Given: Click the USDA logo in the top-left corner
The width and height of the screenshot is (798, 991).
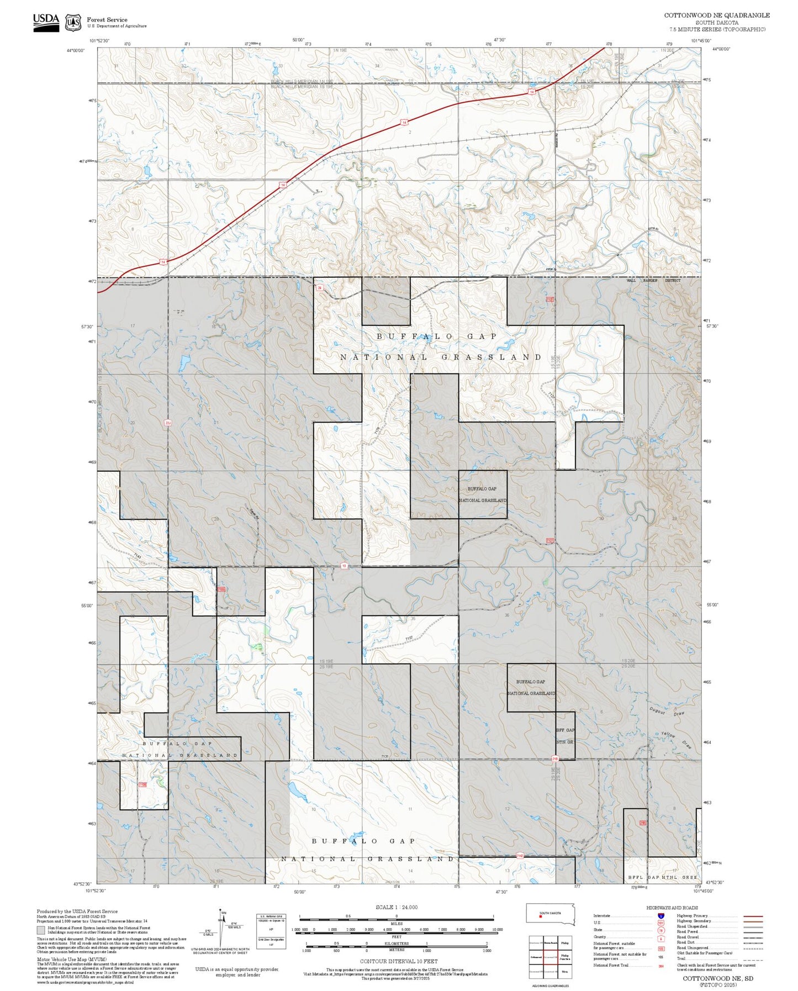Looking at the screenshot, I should [46, 22].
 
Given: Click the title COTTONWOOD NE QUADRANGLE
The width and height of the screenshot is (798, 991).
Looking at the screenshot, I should [716, 15].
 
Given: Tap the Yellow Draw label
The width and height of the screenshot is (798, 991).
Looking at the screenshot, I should [676, 739].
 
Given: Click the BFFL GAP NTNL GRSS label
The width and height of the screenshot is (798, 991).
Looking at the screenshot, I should [662, 877].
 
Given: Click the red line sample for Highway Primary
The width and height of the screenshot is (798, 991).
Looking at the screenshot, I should [753, 916].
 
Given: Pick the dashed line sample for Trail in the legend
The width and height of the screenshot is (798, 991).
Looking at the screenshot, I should [753, 958].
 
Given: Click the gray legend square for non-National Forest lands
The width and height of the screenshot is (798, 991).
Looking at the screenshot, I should [41, 930].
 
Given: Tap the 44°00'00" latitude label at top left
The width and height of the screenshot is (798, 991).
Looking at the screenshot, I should [76, 50].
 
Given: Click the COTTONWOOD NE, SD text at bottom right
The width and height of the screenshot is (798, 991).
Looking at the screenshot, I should [717, 978].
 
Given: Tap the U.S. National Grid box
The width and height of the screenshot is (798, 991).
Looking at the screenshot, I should [271, 931].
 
